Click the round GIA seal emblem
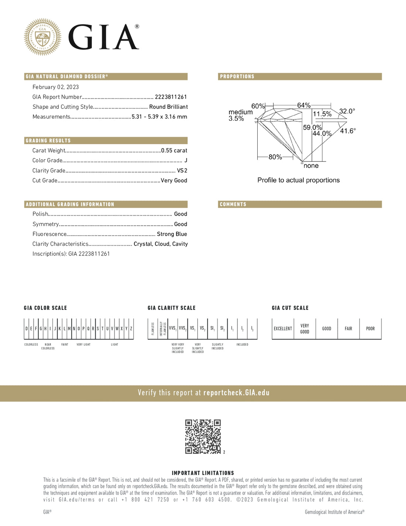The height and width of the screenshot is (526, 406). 42,37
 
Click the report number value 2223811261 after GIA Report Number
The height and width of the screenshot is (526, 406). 171,97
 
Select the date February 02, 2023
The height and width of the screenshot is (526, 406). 56,87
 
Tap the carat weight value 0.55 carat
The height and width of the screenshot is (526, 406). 174,151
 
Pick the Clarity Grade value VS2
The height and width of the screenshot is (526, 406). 182,171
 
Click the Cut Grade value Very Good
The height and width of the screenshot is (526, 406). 174,181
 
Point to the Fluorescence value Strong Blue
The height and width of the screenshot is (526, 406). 172,234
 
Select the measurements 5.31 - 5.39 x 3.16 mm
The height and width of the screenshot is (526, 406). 159,117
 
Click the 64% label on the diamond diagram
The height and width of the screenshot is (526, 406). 304,105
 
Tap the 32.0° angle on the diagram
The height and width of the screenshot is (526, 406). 347,111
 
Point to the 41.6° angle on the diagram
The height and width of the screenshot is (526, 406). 348,131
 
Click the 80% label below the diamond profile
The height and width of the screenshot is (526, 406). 275,157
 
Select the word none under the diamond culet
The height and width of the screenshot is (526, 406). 311,166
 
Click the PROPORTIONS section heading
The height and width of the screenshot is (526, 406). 237,77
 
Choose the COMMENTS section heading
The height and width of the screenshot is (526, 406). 233,205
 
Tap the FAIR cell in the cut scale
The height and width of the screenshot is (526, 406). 348,329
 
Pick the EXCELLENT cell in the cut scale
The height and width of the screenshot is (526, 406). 283,329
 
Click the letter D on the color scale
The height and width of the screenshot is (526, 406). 27,329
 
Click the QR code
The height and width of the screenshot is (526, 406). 203,437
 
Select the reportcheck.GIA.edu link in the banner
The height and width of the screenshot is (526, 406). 236,393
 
